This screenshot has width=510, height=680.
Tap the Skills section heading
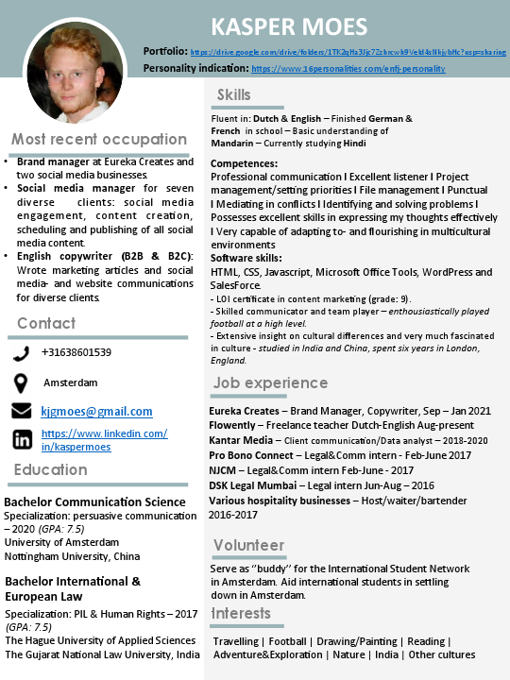[x=234, y=94]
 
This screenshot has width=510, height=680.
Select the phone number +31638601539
[x=76, y=353]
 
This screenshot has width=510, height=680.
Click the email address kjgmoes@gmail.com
[x=96, y=412]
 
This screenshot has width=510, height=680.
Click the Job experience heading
[x=270, y=382]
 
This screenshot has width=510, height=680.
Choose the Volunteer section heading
[x=248, y=545]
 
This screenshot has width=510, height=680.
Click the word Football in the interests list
[x=287, y=641]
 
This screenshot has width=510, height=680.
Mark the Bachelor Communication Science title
[x=95, y=501]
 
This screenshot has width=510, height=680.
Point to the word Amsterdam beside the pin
[x=71, y=382]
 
